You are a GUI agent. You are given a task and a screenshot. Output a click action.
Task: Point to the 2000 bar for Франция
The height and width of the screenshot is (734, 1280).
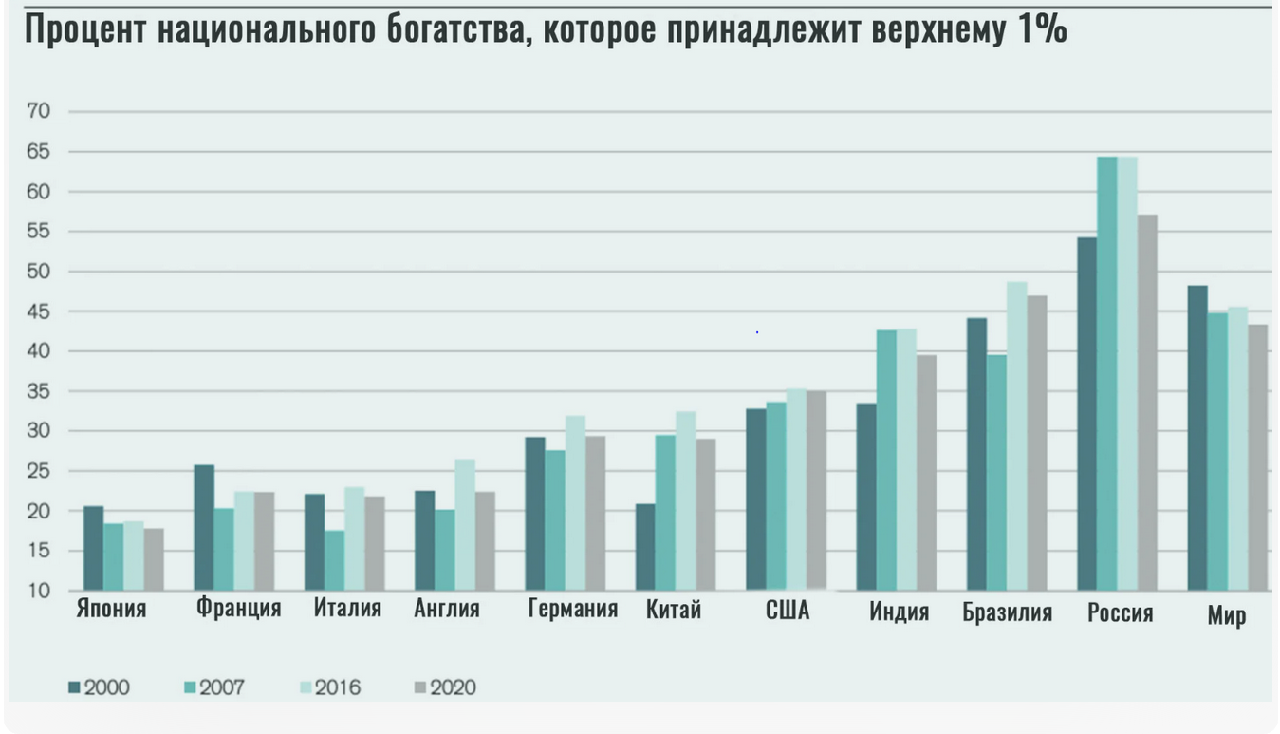point(203,528)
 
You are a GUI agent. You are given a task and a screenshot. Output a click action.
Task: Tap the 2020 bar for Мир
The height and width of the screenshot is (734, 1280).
point(1257,458)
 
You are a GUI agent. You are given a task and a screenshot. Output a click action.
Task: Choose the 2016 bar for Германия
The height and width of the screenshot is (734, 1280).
point(575,503)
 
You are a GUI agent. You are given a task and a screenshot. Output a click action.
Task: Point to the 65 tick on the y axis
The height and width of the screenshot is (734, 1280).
point(39,152)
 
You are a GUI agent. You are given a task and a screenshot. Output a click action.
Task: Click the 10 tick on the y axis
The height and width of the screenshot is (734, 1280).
point(39,591)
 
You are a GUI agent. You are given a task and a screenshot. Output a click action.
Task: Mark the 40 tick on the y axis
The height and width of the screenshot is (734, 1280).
point(39,351)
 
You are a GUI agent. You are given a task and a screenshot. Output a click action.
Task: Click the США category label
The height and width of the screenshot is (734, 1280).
point(787,611)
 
